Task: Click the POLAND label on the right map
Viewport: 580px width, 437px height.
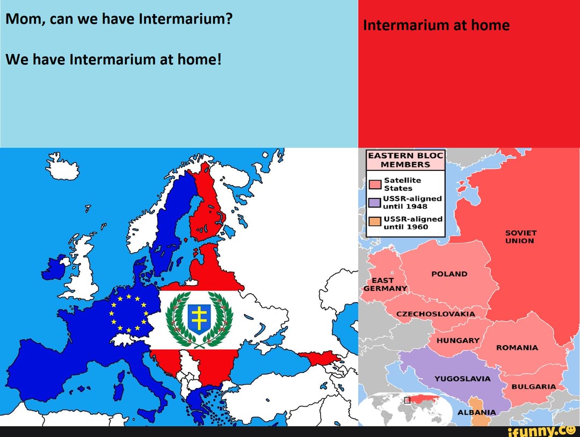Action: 450,274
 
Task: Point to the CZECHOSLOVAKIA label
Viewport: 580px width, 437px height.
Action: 436,314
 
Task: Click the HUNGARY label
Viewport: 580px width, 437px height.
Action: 458,341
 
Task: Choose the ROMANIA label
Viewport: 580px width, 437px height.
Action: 517,348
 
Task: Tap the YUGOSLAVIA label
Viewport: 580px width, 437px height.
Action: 462,378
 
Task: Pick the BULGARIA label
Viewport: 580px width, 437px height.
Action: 534,386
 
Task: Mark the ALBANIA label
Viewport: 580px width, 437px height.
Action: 477,412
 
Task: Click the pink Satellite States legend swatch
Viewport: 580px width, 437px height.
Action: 374,185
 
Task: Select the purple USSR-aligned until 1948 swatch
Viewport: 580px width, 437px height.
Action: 374,203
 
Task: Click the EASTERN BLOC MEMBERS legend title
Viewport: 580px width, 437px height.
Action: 405,160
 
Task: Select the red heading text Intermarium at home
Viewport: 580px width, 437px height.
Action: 436,25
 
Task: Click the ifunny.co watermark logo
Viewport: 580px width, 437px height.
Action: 537,430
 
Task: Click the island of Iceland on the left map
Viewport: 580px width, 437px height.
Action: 62,167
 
